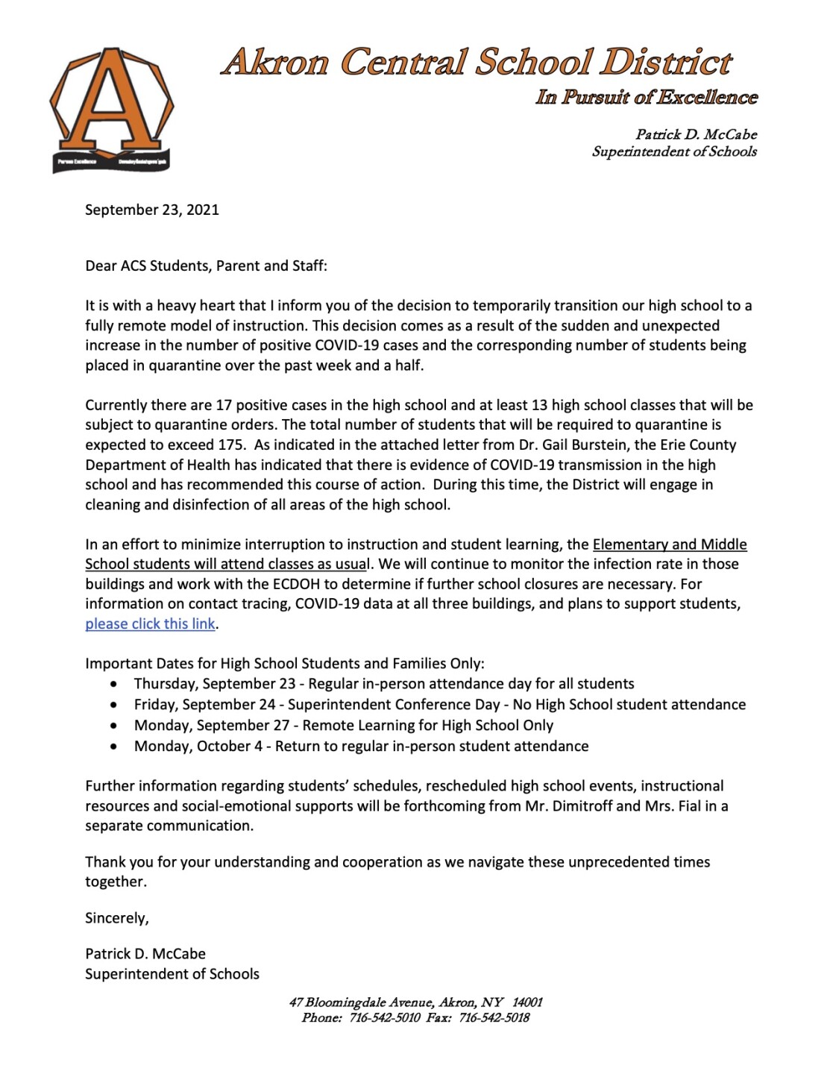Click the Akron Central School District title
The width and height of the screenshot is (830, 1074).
[477, 63]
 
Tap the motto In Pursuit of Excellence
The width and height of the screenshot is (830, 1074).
[646, 98]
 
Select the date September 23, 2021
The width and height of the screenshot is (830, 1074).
[152, 210]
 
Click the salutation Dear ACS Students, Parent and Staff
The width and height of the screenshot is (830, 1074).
[206, 266]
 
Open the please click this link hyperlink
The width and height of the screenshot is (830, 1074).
[150, 624]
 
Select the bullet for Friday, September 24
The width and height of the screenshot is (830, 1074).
[113, 705]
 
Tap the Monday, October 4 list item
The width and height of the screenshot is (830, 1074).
[361, 747]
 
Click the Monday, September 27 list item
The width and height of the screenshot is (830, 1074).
[343, 726]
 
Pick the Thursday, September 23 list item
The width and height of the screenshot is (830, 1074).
[383, 684]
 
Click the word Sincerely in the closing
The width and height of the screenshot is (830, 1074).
[117, 918]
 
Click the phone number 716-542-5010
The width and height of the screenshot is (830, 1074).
[385, 1018]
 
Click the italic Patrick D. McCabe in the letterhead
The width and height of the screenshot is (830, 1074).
[696, 135]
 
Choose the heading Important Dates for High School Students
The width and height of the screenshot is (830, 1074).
[284, 664]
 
